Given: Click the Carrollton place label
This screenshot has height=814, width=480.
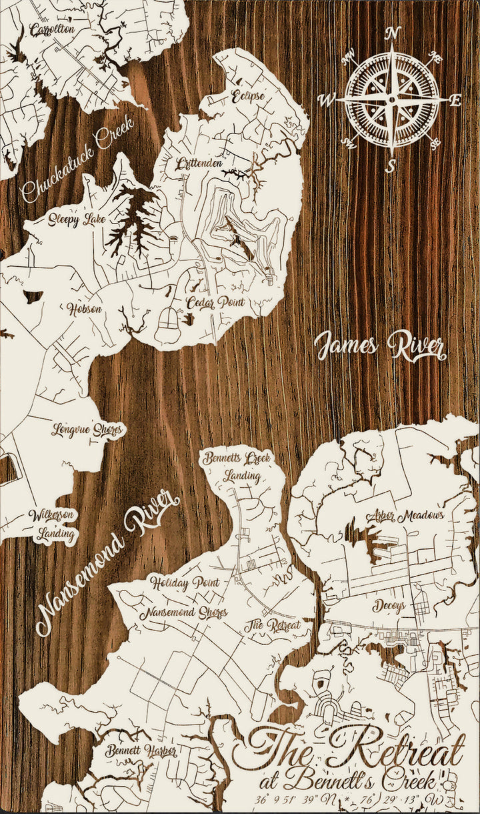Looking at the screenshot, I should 51,30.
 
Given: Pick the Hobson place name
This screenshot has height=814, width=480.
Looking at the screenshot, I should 84,308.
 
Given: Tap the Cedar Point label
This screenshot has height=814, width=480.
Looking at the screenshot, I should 215,302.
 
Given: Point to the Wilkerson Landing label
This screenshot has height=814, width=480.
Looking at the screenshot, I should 52,524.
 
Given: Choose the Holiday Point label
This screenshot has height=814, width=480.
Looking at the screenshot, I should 185,582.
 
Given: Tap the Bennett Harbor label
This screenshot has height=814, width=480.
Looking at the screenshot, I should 141,751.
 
